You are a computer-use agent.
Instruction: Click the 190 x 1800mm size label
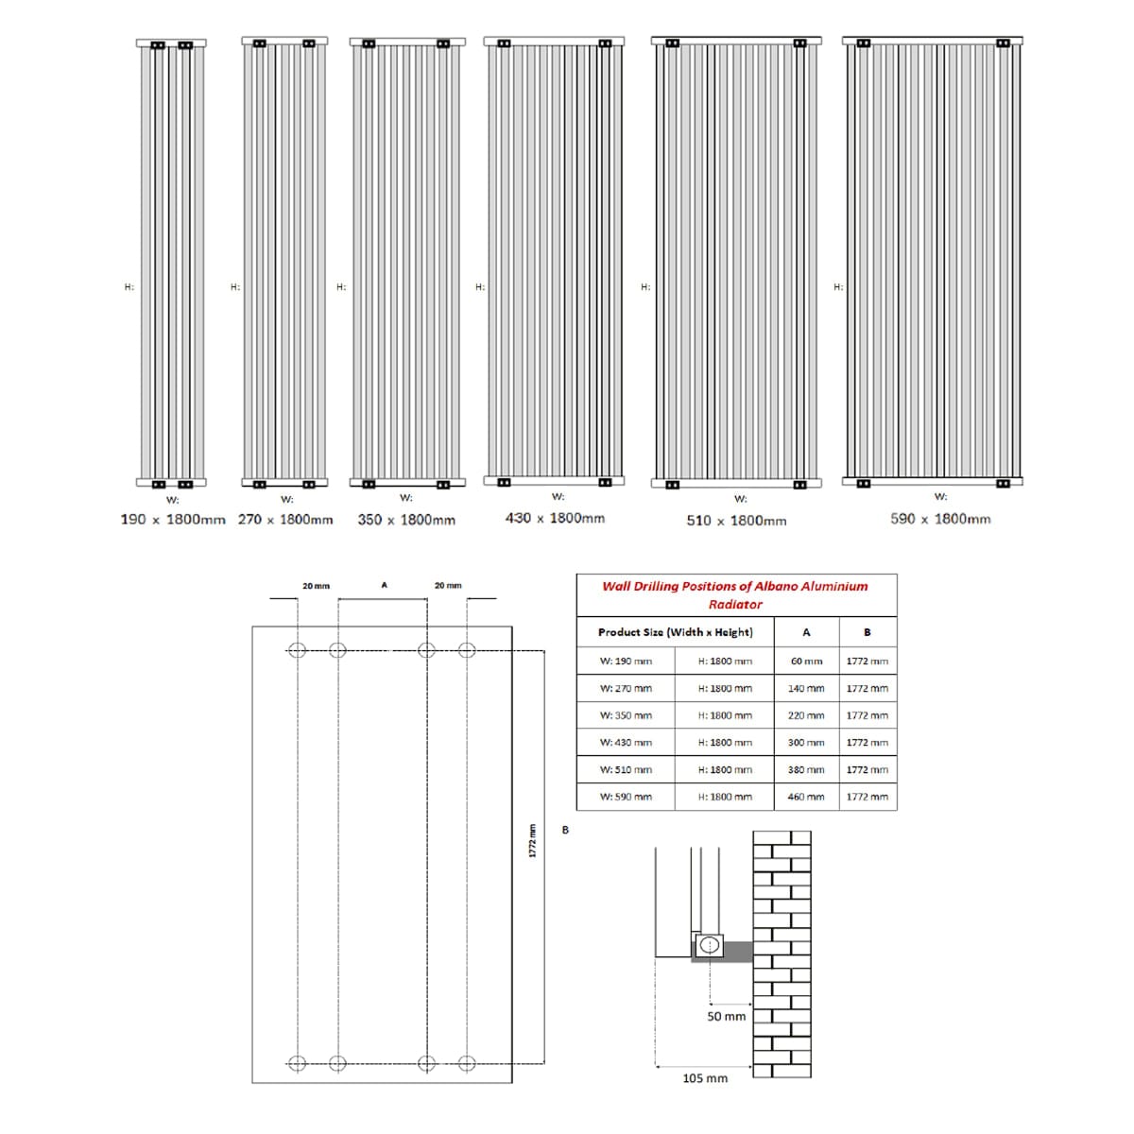click(173, 520)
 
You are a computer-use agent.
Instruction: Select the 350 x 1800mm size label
click(406, 520)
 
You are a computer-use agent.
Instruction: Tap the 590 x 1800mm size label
click(940, 519)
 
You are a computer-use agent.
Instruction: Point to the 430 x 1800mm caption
click(555, 518)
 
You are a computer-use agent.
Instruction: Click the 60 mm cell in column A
click(806, 661)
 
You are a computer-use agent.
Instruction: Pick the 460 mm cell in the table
click(806, 797)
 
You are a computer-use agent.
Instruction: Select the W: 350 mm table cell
click(626, 715)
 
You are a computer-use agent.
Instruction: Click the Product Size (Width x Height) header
click(675, 632)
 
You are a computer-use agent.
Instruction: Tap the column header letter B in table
click(867, 632)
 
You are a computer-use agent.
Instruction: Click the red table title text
click(735, 595)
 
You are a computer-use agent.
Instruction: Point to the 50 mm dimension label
click(726, 1017)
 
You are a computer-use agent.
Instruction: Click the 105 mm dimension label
click(705, 1078)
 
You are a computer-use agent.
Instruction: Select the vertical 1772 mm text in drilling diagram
click(532, 840)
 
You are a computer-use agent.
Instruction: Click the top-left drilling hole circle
click(298, 649)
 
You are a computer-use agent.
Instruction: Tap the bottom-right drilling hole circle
click(466, 1062)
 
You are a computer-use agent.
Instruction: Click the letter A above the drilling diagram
click(384, 586)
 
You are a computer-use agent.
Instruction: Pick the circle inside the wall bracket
click(709, 944)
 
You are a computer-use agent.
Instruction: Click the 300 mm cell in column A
click(806, 743)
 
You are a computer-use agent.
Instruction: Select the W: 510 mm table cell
click(626, 769)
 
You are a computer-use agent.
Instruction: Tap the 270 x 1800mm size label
click(285, 520)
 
